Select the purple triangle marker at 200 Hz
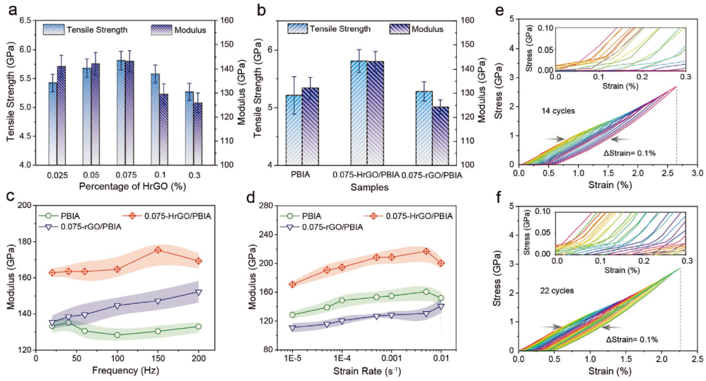pos(199,292)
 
